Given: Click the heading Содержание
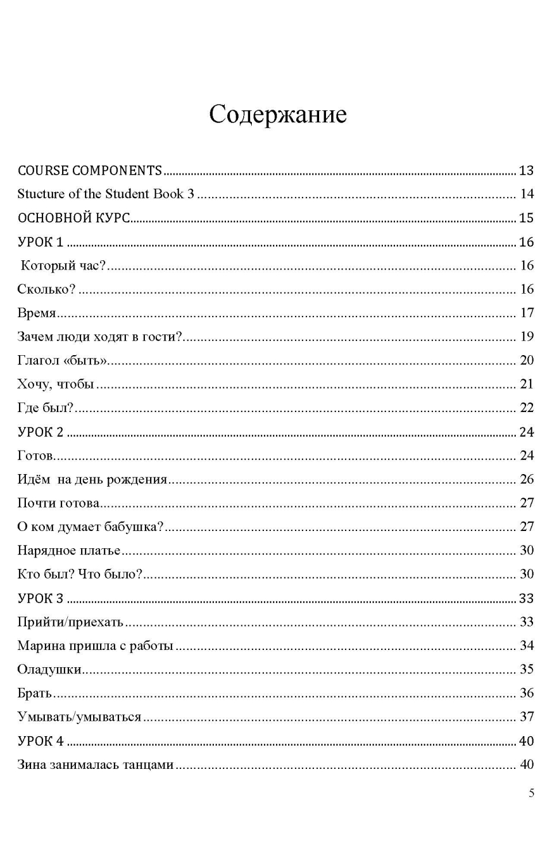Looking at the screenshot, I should [x=278, y=114].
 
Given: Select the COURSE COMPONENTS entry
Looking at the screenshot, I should [x=90, y=171].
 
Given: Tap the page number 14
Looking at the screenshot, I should [x=527, y=194].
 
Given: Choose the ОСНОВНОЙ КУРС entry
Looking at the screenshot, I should [x=74, y=218].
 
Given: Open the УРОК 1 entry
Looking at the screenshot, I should [x=41, y=243].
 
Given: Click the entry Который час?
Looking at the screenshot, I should [x=63, y=266].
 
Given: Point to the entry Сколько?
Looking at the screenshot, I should [x=47, y=290].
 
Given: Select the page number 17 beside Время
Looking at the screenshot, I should [x=527, y=313].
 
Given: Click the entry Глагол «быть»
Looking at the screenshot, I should [x=63, y=361].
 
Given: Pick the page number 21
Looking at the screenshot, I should [x=527, y=384].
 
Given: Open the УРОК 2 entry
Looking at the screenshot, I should [x=41, y=432].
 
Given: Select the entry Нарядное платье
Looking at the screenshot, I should [x=69, y=551].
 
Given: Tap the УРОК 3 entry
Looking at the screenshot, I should [x=41, y=599].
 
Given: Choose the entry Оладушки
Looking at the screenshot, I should [x=49, y=669].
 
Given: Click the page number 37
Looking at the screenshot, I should [x=527, y=717].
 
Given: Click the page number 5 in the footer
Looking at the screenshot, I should [x=531, y=794].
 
